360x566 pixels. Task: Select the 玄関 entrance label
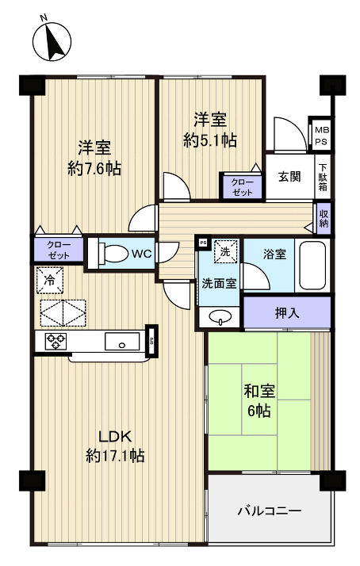click(x=289, y=176)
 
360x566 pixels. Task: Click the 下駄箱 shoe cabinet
click(x=323, y=176)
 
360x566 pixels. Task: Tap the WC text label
click(x=142, y=254)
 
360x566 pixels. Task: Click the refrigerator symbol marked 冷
click(x=49, y=280)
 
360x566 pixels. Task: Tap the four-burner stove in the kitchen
click(x=56, y=342)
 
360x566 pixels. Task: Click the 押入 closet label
click(x=286, y=312)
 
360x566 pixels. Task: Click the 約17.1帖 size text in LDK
click(x=115, y=456)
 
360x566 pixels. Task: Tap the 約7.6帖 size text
click(x=94, y=168)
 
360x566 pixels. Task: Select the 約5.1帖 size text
click(x=210, y=140)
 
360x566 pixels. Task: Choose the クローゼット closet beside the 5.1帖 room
click(x=242, y=186)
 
